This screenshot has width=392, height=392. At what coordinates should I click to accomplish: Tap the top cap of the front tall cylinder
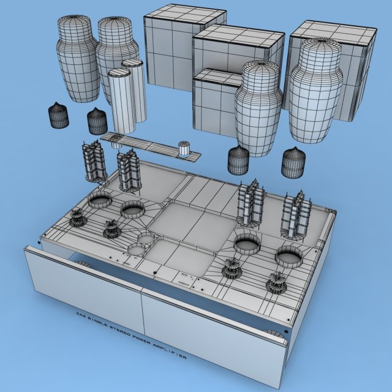pyautogui.click(x=120, y=73)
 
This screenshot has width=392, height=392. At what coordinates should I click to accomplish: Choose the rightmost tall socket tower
pyautogui.click(x=296, y=214)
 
